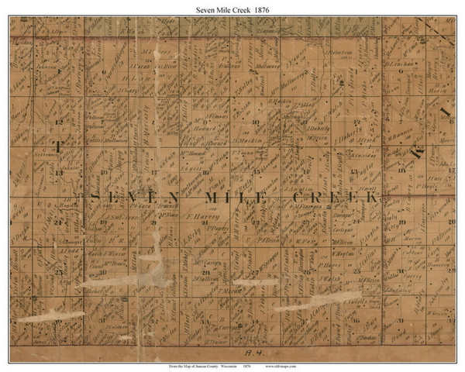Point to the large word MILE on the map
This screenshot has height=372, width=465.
(x=229, y=198)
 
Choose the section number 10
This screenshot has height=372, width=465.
(x=256, y=122)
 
